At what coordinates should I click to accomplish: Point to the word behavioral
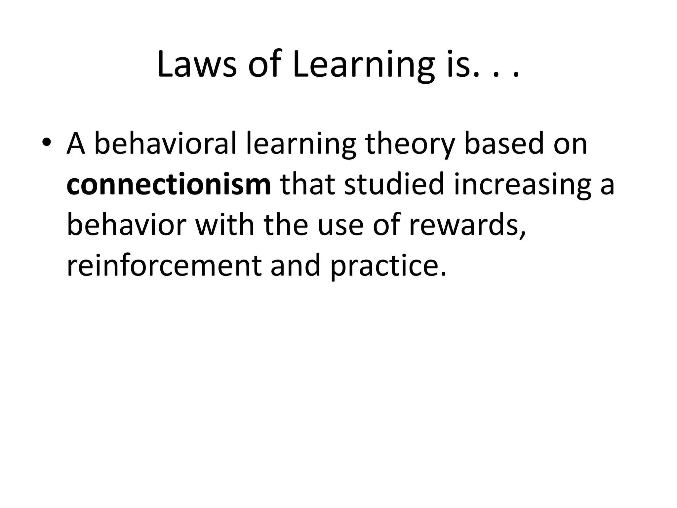click(165, 144)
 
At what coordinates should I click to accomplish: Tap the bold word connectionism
click(169, 185)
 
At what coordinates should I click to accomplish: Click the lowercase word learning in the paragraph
click(301, 144)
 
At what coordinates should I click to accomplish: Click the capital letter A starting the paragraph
click(76, 144)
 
